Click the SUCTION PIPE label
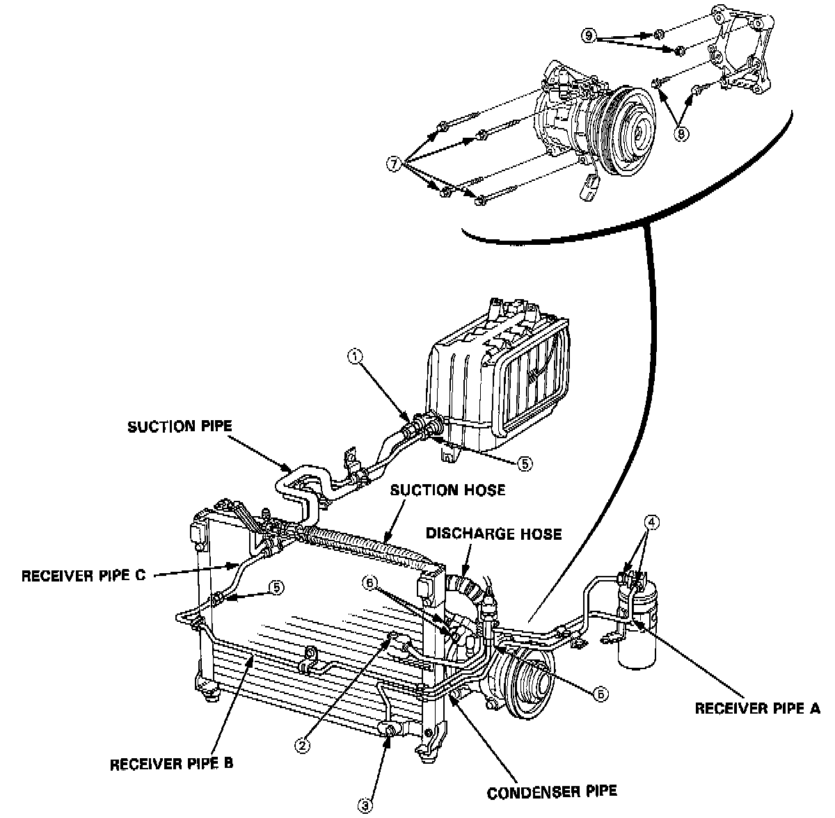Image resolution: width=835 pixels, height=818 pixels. (x=179, y=426)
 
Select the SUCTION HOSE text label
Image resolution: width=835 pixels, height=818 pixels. (x=447, y=490)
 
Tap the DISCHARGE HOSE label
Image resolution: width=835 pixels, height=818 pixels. (x=493, y=534)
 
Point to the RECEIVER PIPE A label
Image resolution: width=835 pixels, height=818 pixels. (x=758, y=709)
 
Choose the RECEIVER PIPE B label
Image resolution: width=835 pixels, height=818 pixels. (x=171, y=763)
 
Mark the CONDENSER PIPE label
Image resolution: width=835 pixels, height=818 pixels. (x=551, y=792)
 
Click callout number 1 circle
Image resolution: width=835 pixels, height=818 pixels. (x=356, y=357)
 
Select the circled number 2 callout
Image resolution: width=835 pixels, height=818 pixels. (x=301, y=745)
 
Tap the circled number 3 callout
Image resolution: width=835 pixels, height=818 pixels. (x=366, y=804)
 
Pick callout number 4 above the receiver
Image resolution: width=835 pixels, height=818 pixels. (x=652, y=522)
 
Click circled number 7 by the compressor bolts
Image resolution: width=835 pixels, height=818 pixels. (x=395, y=165)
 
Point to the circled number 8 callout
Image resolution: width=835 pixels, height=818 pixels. (x=681, y=133)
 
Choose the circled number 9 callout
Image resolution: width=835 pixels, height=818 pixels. (x=589, y=35)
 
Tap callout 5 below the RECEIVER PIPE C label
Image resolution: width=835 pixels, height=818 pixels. (x=277, y=588)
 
